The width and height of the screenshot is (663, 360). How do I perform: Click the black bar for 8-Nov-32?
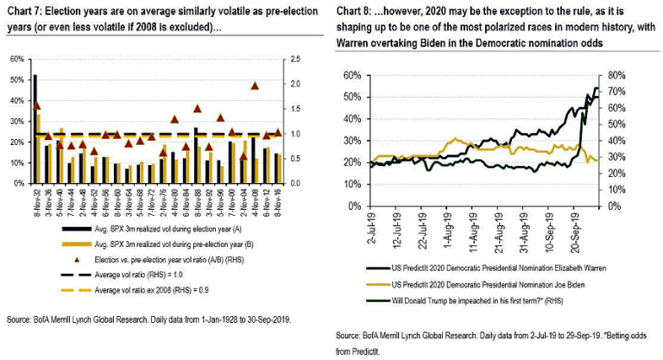[35, 129]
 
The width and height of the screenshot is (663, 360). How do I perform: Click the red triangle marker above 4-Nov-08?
[255, 85]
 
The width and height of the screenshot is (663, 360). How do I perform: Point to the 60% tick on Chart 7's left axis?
[17, 59]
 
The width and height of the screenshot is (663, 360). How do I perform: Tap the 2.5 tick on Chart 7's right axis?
[295, 59]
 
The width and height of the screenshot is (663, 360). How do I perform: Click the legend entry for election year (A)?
[167, 231]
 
